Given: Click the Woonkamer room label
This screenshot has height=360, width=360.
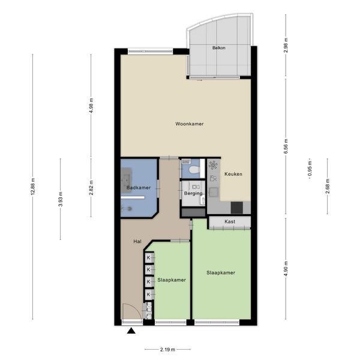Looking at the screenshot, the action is pos(190,124).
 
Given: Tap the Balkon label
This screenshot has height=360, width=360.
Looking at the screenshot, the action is pos(218,48).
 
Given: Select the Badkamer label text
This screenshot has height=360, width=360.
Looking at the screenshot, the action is pos(139,188).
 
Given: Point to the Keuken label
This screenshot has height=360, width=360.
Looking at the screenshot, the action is pos(233,174).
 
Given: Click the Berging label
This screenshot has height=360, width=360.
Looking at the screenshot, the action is pos(193,193).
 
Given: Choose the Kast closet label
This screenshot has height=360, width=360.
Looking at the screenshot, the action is pos(230,221).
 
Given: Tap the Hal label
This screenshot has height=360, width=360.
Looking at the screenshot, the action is pos(137,242).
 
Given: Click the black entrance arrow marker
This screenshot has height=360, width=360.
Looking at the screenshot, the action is pos(131,331).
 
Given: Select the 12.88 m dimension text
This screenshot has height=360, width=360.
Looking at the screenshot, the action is pos(32,187).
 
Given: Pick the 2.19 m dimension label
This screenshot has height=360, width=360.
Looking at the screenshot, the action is pos(167,350).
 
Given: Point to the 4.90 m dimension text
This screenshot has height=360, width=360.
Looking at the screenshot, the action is pos(286,269).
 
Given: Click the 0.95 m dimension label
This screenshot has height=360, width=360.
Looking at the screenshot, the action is pos(310,169).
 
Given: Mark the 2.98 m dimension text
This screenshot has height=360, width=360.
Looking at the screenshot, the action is pos(286,45).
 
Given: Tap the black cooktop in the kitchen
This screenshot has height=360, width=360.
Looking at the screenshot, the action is pos(237,208).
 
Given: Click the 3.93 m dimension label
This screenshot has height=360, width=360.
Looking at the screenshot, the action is pos(61,199).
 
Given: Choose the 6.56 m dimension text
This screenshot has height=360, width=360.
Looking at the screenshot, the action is pos(286,146).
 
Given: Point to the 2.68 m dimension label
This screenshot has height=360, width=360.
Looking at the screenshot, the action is pos(328,186).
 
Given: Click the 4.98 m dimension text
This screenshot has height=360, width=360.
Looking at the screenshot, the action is pos(91,106).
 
